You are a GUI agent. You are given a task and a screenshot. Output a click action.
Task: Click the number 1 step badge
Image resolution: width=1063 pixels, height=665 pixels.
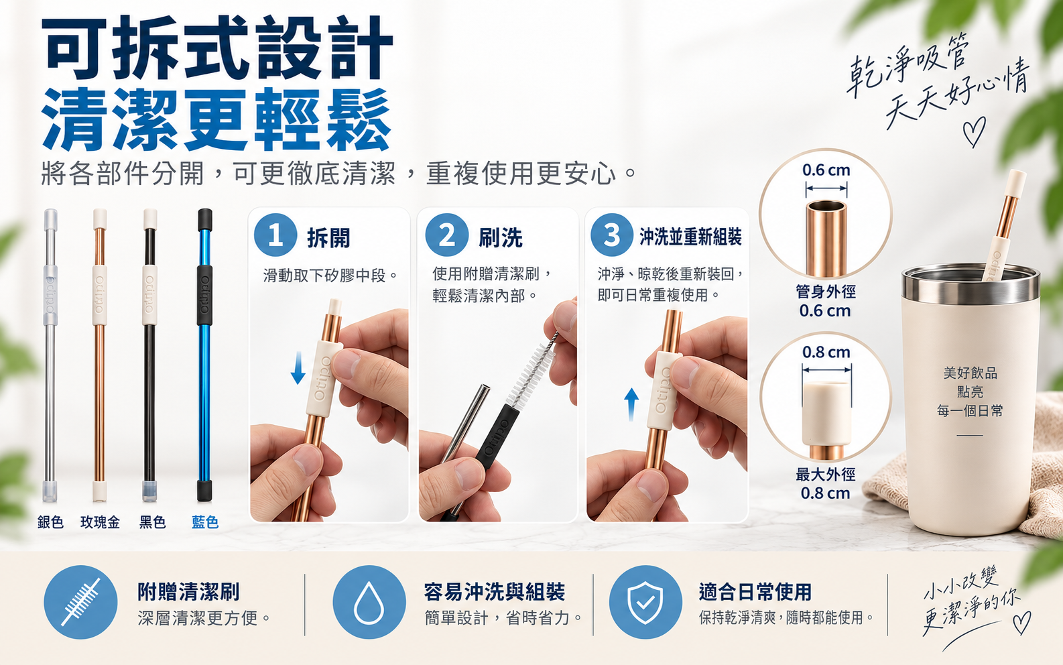point(275,235)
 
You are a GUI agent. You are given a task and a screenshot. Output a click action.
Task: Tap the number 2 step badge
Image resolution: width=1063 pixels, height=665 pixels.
point(446,235)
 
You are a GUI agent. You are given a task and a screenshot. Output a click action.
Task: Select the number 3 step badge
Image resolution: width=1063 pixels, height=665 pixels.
point(612,235)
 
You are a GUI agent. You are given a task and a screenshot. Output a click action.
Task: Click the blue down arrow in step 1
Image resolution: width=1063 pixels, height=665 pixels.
point(298,368)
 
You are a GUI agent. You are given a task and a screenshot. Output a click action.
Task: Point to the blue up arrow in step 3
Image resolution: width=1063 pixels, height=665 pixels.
point(631,404)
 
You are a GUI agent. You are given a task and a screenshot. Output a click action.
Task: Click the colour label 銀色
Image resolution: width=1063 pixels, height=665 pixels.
point(50,522)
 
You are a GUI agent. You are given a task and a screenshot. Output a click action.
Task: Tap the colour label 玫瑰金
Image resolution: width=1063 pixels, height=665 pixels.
point(100,522)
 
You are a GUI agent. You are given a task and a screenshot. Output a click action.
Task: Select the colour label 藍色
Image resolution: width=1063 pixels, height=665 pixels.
point(205,522)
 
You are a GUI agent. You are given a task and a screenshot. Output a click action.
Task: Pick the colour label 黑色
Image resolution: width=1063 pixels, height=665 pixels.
point(152,522)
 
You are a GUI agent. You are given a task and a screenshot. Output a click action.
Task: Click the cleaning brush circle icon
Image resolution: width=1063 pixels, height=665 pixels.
point(80,602)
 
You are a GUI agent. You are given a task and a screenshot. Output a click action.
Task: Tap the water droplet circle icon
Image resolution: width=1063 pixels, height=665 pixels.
point(369,602)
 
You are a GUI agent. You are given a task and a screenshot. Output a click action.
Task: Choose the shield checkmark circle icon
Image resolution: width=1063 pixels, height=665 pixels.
point(645,602)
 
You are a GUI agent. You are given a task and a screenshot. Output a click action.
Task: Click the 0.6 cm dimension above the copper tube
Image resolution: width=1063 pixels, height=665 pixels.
point(826,170)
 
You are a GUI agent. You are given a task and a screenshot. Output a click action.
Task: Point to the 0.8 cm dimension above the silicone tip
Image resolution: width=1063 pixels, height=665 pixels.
point(826,352)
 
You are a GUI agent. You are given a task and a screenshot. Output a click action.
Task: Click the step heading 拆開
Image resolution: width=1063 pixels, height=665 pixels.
point(328,237)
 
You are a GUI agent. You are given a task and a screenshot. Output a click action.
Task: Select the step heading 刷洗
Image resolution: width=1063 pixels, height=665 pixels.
point(500,237)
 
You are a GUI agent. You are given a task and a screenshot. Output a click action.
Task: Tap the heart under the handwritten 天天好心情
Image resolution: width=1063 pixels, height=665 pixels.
point(974,131)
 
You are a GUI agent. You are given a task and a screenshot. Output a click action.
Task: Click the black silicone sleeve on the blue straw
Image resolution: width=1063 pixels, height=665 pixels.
point(204,295)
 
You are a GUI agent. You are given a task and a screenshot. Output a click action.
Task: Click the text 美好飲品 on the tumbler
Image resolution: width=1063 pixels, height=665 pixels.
point(970,373)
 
